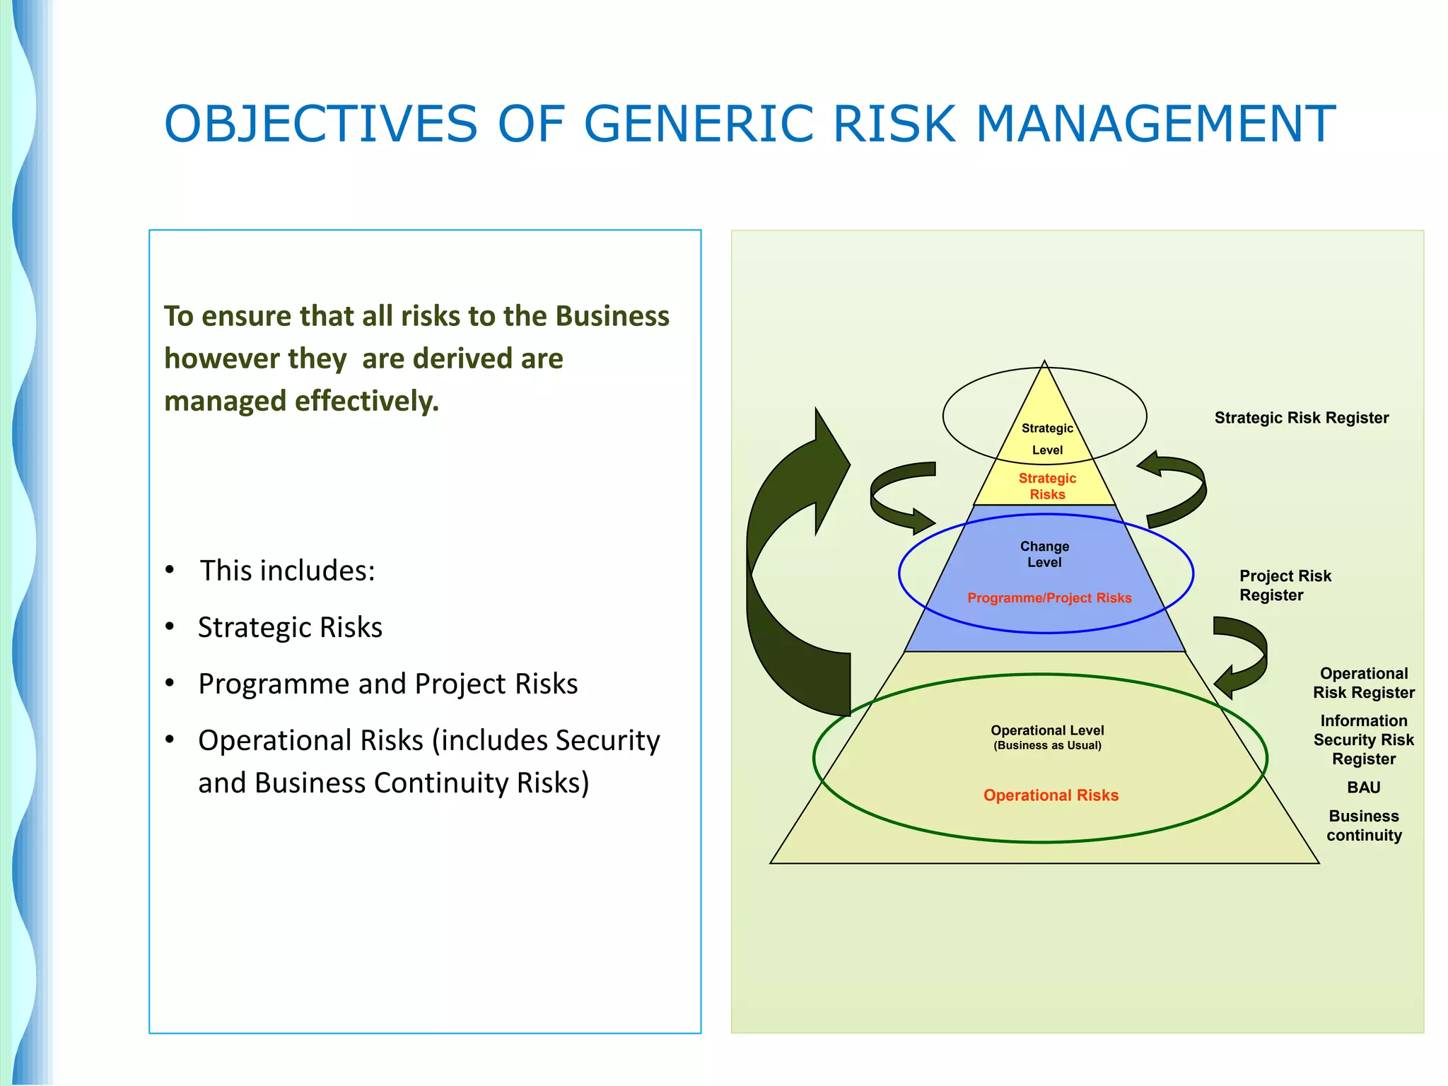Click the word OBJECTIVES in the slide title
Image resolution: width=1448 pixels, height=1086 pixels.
[x=321, y=124]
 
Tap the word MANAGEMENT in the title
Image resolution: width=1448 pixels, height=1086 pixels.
[x=1155, y=124]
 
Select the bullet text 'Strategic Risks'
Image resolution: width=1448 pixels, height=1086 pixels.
[x=290, y=628]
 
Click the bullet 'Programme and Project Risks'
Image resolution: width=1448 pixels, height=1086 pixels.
[x=387, y=684]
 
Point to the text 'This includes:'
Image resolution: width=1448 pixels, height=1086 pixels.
[x=287, y=571]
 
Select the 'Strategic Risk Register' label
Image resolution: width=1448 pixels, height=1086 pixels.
[x=1301, y=418]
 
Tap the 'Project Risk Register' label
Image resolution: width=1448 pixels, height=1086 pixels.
[x=1284, y=585]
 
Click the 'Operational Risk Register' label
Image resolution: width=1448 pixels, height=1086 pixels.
[x=1363, y=683]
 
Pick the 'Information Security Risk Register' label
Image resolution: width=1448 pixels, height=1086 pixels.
[x=1363, y=740]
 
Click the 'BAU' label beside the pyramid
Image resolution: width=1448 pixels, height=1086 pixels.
[x=1363, y=788]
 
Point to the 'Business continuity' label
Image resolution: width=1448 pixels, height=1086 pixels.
[x=1363, y=826]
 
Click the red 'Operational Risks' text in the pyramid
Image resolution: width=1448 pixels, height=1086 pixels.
[x=1051, y=795]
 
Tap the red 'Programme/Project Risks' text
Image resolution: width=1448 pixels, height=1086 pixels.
[x=1049, y=598]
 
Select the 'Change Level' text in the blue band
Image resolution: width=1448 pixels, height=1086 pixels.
[x=1044, y=554]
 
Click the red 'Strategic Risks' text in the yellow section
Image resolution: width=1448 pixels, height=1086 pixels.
[x=1047, y=486]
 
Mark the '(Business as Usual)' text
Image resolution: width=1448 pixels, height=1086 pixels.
[x=1047, y=746]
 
